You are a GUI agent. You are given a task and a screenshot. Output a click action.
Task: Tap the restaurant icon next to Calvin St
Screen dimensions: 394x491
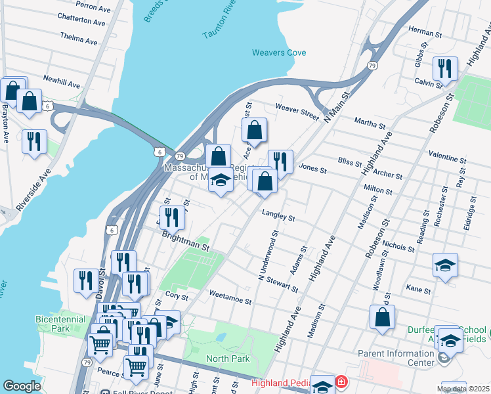(445, 69)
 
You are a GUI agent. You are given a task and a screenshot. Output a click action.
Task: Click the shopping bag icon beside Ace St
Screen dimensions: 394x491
(255, 130)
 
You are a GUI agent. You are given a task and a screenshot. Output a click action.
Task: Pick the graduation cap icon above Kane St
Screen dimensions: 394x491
(445, 265)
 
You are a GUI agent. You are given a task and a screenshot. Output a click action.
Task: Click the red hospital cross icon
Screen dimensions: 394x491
(341, 382)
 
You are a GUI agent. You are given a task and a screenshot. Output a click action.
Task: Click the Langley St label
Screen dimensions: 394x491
(278, 215)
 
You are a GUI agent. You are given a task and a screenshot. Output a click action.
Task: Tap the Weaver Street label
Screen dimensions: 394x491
(297, 110)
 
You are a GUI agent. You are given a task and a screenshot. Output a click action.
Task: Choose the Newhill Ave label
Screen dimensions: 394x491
(61, 85)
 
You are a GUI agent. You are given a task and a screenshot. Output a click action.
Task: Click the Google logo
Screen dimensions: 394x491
(22, 385)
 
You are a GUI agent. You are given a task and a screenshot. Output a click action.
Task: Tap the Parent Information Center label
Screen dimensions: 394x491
(396, 357)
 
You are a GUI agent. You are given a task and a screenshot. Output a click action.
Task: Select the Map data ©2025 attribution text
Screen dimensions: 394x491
(462, 389)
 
